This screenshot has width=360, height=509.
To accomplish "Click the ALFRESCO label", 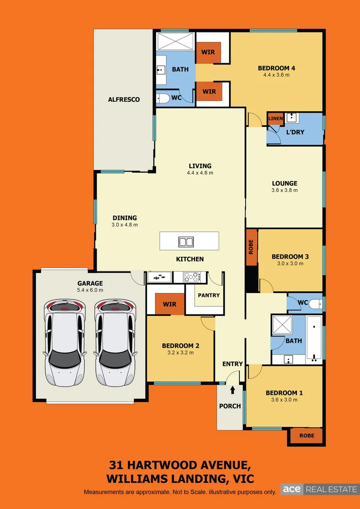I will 124,99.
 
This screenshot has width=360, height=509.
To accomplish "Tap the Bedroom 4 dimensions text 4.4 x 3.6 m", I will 276,75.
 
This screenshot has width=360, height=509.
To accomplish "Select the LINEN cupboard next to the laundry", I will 276,118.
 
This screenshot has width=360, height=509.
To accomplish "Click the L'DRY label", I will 295,132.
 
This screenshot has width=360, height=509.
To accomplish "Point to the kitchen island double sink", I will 186,242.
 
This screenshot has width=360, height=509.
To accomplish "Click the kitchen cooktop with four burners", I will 192,277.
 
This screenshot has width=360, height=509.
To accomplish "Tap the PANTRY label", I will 209,296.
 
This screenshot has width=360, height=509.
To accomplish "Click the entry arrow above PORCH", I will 232,389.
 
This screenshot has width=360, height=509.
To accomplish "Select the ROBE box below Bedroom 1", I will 306,436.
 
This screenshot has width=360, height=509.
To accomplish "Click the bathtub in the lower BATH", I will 313,337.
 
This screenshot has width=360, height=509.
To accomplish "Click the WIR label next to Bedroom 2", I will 170,304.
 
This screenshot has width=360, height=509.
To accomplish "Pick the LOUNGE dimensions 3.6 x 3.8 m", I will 285,190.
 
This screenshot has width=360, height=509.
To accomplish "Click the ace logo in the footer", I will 292,489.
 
